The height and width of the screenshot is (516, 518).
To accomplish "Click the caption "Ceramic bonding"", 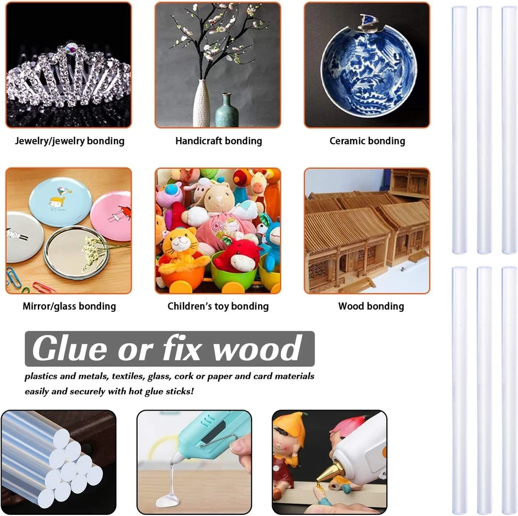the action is (367, 141).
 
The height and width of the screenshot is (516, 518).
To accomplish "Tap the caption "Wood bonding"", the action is (371, 306).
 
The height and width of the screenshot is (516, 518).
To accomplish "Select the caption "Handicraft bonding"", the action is (219, 141).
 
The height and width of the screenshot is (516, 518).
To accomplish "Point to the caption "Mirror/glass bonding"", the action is (69, 306).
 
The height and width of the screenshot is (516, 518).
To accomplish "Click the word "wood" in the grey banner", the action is (257, 349).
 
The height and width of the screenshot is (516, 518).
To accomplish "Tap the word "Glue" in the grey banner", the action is (70, 349).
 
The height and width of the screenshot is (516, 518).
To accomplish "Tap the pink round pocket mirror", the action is (110, 216).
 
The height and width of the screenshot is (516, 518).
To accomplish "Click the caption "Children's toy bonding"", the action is (218, 306).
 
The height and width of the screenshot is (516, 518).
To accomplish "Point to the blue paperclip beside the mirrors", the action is (13, 278).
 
